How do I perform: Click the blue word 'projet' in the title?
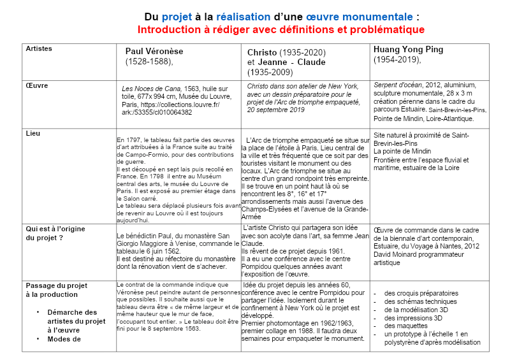pyautogui.click(x=178, y=17)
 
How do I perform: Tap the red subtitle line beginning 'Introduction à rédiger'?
pyautogui.click(x=281, y=29)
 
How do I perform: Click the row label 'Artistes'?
pyautogui.click(x=39, y=48)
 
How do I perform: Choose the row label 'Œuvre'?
pyautogui.click(x=37, y=85)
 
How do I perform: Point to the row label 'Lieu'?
pyautogui.click(x=33, y=134)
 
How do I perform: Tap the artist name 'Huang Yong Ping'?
pyautogui.click(x=408, y=49)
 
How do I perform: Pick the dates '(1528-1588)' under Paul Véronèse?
pyautogui.click(x=149, y=62)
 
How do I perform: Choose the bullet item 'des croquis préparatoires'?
pyautogui.click(x=421, y=293)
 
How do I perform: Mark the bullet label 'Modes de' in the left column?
pyautogui.click(x=64, y=339)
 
